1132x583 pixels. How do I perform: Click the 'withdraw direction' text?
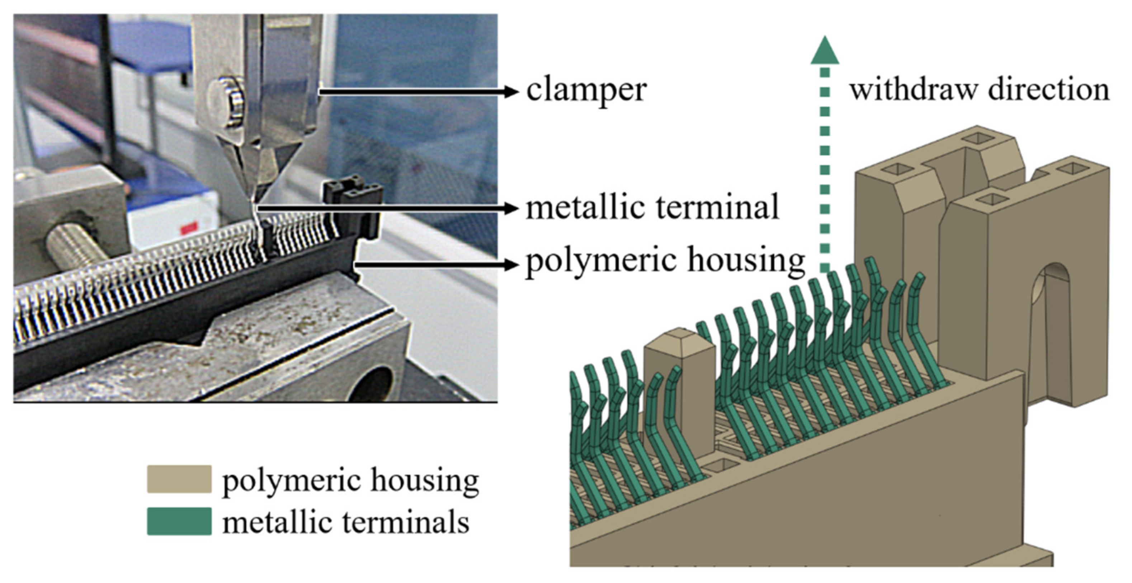point(979,90)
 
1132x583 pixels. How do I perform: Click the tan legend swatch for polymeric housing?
point(179,479)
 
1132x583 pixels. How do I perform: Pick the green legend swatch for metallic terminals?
point(179,522)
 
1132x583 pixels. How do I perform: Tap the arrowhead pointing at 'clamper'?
point(511,92)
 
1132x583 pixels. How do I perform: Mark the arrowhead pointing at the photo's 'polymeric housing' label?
point(511,265)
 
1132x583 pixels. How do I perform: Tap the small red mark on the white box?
point(189,228)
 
